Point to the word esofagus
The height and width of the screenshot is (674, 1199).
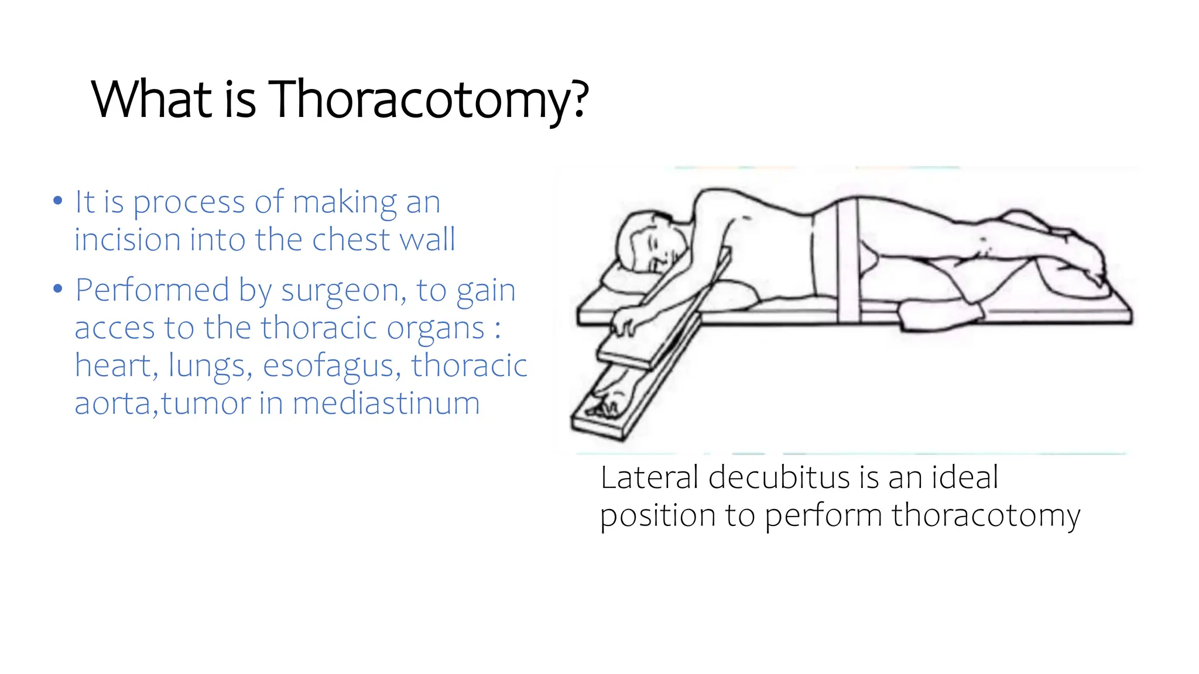point(331,366)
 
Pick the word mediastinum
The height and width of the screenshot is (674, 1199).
point(386,403)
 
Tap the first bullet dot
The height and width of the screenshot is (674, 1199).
point(57,201)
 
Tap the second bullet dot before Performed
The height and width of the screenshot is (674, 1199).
point(57,289)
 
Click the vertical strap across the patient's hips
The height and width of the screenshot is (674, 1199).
point(847,260)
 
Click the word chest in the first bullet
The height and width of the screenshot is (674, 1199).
point(350,239)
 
